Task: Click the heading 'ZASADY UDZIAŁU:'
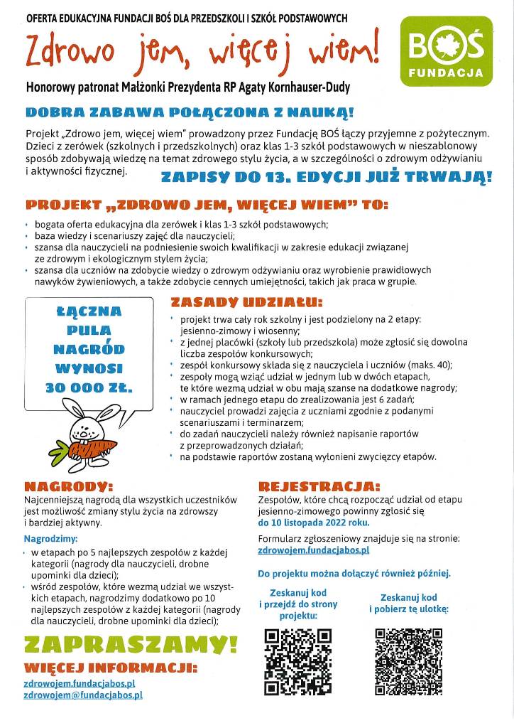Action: point(236,302)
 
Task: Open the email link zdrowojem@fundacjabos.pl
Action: point(83,695)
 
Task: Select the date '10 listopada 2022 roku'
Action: point(314,522)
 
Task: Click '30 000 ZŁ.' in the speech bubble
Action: point(89,387)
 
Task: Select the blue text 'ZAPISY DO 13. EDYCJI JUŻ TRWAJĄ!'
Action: point(326,177)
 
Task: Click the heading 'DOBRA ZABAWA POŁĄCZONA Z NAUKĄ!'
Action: point(190,112)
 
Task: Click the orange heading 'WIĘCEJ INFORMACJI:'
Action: point(110,668)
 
